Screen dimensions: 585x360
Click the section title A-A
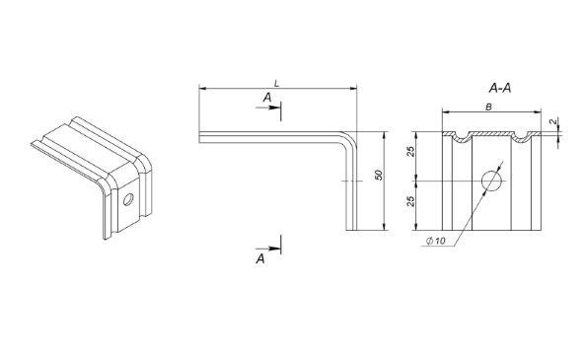500,89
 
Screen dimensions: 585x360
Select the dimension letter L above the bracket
276,84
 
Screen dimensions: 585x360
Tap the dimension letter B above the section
488,108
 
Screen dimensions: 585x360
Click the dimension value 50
379,175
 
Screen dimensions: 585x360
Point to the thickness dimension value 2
554,121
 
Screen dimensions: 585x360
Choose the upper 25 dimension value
410,152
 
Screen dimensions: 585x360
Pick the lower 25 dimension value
410,201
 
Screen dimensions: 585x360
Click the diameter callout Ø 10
436,241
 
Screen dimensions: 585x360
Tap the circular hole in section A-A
491,180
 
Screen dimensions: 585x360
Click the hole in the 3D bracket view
127,199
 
